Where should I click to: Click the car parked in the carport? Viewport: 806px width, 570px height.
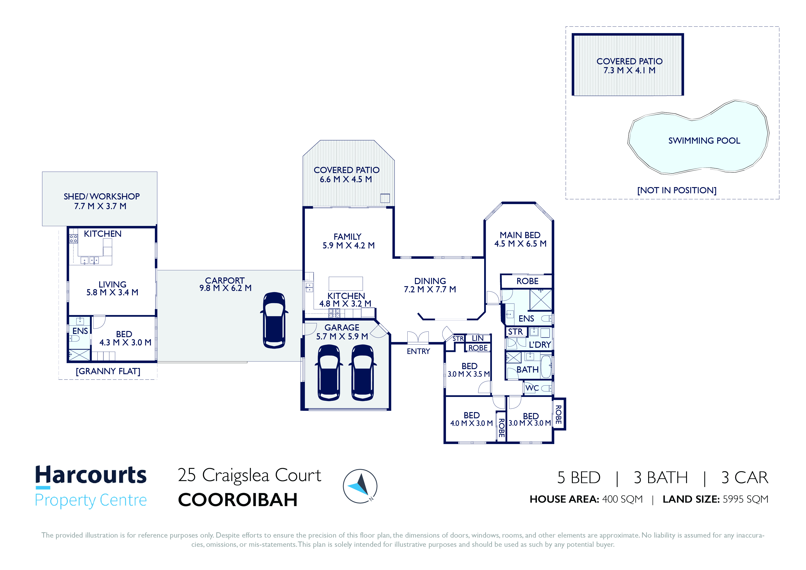pyautogui.click(x=274, y=320)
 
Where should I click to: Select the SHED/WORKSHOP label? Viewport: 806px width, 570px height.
pyautogui.click(x=102, y=196)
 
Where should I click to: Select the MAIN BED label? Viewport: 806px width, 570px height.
pyautogui.click(x=520, y=235)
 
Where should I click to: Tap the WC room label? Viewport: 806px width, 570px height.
pyautogui.click(x=532, y=388)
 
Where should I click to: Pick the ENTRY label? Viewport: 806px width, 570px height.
pyautogui.click(x=418, y=351)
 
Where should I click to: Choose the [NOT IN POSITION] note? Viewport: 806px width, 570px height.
pyautogui.click(x=676, y=190)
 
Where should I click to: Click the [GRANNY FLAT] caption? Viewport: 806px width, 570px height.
pyautogui.click(x=108, y=371)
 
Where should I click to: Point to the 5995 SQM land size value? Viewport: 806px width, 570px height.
pyautogui.click(x=745, y=499)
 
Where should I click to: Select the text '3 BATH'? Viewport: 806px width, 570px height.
pyautogui.click(x=660, y=478)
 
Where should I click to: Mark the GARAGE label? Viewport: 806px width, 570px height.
pyautogui.click(x=342, y=327)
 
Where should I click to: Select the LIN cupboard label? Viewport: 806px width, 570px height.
pyautogui.click(x=477, y=338)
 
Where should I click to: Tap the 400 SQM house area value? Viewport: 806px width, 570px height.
pyautogui.click(x=622, y=499)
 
